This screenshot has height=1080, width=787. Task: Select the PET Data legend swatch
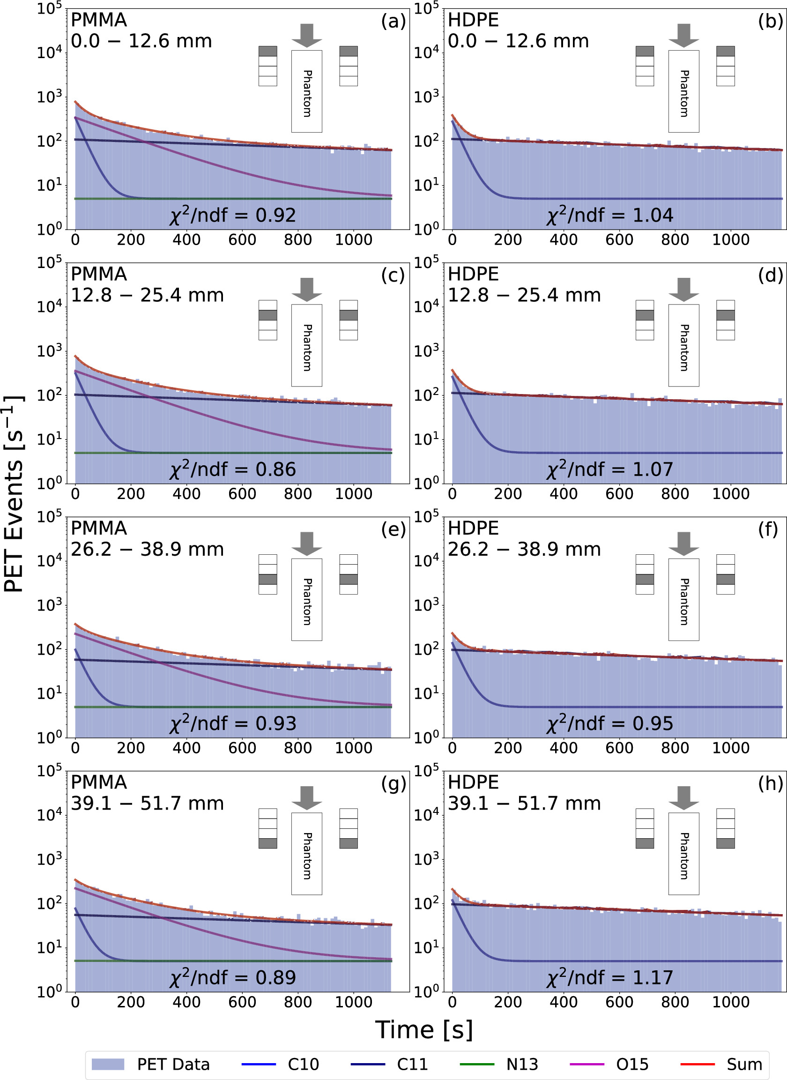[108, 1064]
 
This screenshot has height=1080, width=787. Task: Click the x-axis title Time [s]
[423, 1029]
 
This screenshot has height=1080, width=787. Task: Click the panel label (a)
[393, 21]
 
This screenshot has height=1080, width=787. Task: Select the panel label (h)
[770, 783]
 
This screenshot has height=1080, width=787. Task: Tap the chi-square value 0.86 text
[233, 470]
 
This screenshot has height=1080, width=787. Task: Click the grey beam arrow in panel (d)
[683, 289]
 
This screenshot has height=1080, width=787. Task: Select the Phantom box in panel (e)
[307, 599]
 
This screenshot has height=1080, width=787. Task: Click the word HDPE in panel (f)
[473, 529]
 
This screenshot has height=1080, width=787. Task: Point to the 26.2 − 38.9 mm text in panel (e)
[147, 549]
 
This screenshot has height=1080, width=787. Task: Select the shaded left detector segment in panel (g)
[268, 843]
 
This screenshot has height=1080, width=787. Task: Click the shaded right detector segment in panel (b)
[726, 52]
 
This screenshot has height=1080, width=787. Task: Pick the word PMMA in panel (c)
[99, 274]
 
